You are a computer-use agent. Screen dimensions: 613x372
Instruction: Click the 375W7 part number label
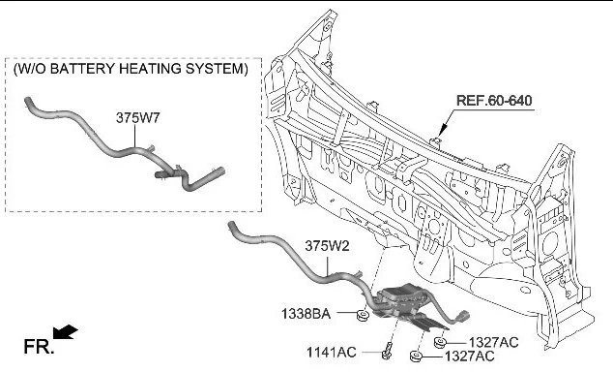coord(137,118)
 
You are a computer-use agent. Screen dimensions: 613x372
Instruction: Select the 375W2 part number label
coord(327,246)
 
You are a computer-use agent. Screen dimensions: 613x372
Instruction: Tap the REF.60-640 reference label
coord(494,101)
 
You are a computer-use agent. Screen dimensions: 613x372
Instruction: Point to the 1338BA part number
coord(306,314)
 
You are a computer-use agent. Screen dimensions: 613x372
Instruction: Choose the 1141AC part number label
coord(331,352)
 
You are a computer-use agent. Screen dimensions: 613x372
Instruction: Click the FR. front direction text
coord(39,347)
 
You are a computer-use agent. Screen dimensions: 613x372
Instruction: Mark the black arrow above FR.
coord(66,331)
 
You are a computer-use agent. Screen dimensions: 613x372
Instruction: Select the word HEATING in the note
coord(150,69)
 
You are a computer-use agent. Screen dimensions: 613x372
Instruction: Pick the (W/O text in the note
coord(30,69)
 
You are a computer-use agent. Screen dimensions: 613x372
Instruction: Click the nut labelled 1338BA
coord(364,315)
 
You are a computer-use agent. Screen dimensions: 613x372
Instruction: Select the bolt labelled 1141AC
coord(387,350)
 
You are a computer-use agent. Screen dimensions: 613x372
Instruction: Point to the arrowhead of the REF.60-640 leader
coord(444,130)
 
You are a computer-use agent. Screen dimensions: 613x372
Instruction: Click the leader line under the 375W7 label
coord(135,136)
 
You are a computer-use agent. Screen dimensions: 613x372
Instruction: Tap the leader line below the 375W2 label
coord(328,264)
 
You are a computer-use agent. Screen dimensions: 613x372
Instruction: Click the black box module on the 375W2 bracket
coord(402,296)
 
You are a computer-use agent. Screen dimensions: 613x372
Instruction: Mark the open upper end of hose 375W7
coord(27,101)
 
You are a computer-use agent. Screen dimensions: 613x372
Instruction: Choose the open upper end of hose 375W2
coord(231,225)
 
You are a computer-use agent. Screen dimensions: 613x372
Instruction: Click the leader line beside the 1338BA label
coord(346,313)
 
